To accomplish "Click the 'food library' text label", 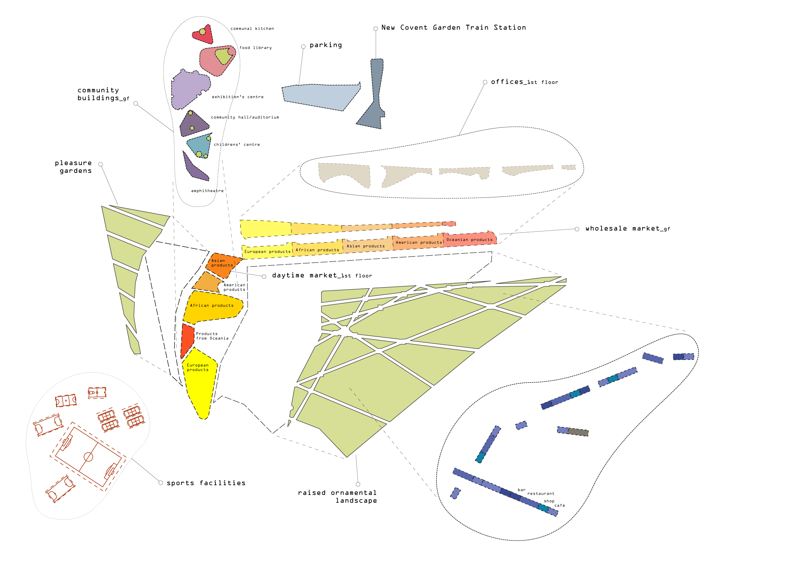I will [x=255, y=48].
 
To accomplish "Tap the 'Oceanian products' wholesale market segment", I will [x=469, y=240].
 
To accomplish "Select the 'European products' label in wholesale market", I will [x=267, y=251].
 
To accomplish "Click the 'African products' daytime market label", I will [x=212, y=305].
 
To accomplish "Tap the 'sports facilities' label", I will [x=206, y=483].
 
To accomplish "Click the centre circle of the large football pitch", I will [x=88, y=457].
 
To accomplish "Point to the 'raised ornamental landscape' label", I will [x=337, y=496].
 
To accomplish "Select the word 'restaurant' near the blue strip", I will [x=540, y=494].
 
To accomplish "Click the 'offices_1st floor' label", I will [x=524, y=82].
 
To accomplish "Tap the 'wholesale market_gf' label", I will [x=627, y=228].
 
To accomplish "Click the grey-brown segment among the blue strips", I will [x=578, y=432].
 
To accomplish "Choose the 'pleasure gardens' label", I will [x=73, y=167].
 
